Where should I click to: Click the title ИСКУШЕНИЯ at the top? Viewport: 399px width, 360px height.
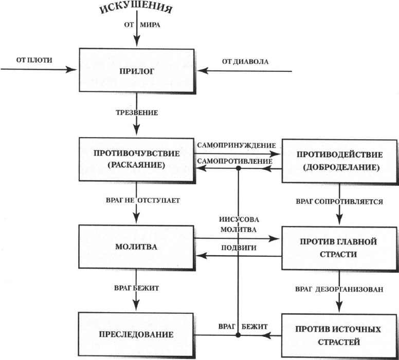pos(136,9)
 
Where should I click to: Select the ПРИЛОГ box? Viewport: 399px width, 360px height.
pos(136,70)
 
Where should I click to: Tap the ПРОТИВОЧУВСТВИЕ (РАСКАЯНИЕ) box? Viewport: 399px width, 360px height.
pos(136,159)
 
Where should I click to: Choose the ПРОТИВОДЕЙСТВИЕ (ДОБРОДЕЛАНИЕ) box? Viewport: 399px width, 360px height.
pos(338,161)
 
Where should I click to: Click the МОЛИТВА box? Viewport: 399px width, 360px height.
pos(136,247)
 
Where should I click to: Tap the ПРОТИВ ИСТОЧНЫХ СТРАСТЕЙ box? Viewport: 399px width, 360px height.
pos(338,335)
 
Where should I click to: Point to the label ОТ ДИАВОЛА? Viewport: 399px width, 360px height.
pos(245,62)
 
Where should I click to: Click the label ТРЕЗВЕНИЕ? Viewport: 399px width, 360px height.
pos(136,112)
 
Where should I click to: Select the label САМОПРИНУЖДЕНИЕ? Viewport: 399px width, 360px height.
pos(236,145)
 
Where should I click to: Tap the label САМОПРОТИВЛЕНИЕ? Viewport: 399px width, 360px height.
pos(234,161)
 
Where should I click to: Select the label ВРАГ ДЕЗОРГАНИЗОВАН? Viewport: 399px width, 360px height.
pos(340,289)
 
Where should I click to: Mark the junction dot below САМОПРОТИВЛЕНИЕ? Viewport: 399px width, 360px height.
pos(238,168)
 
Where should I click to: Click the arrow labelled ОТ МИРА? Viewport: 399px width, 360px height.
pos(137,32)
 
